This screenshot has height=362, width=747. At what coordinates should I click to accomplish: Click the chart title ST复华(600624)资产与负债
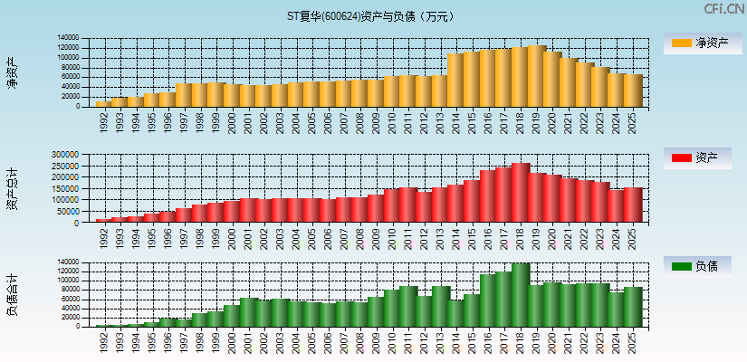372,15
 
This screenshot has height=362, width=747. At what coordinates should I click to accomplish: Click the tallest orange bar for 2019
536,76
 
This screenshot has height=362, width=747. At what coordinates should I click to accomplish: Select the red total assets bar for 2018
521,193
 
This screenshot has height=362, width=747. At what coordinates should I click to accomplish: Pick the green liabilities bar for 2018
521,295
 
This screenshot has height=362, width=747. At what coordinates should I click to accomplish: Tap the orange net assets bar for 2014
455,81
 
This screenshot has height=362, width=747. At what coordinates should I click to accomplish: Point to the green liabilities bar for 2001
248,312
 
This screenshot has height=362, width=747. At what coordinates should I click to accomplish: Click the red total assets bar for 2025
633,205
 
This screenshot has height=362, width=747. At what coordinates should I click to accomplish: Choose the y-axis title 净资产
12,72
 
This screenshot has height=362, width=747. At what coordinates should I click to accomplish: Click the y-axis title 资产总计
12,189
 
